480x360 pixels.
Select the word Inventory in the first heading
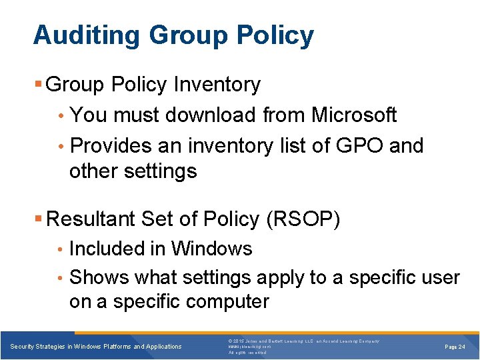[x=217, y=85]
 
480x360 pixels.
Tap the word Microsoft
[x=354, y=115]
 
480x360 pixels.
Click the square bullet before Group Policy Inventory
[x=39, y=85]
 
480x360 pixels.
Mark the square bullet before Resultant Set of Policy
[x=39, y=219]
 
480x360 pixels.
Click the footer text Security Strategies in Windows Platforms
[x=96, y=347]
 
